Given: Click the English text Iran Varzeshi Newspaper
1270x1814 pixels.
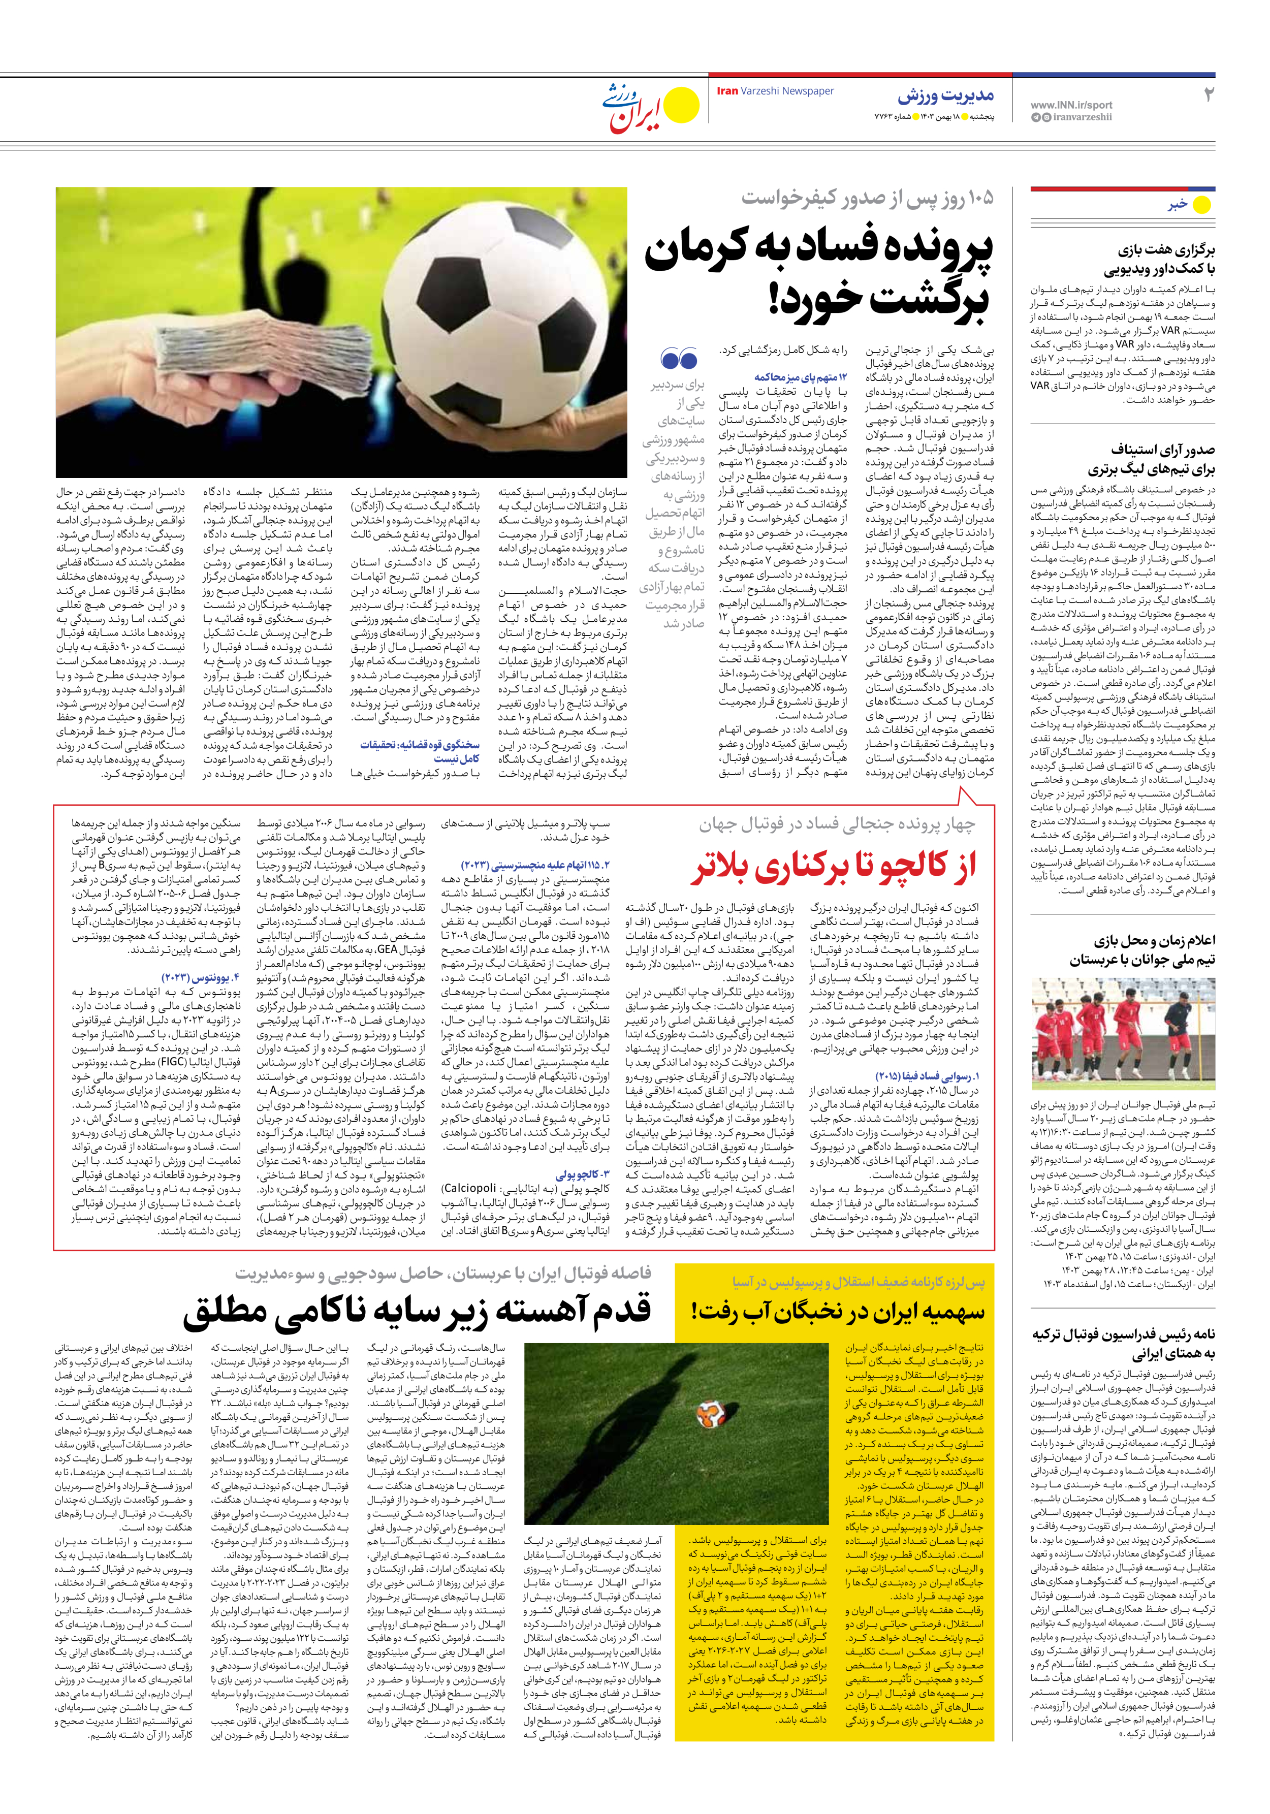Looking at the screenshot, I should pyautogui.click(x=775, y=91).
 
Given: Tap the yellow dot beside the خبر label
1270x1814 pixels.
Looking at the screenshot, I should pyautogui.click(x=1201, y=205).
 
